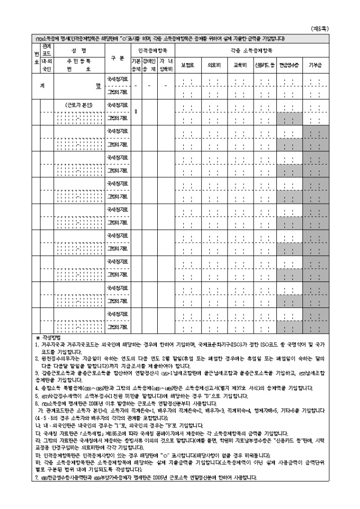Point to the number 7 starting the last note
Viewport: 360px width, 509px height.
point(37,478)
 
